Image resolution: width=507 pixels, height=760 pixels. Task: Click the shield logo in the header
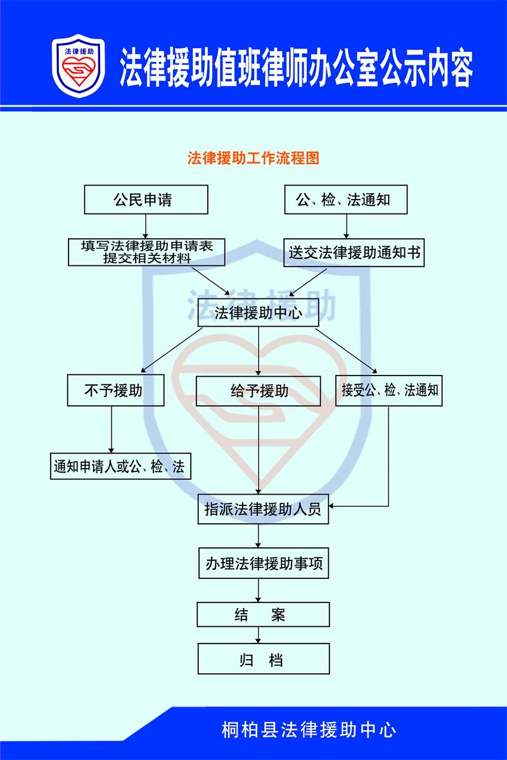(79, 66)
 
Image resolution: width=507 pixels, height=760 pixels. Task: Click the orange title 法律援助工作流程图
(253, 158)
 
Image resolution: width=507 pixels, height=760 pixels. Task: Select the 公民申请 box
(146, 199)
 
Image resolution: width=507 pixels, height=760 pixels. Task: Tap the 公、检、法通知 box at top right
(345, 199)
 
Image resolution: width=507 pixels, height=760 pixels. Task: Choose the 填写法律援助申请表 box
(146, 252)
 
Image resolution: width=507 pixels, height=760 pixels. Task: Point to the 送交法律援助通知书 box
(354, 253)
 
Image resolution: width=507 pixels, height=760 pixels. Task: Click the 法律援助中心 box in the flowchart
(258, 312)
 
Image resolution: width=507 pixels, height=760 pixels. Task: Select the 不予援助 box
(115, 390)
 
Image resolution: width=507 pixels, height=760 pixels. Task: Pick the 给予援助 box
(259, 391)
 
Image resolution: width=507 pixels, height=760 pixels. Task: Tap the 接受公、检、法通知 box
(389, 391)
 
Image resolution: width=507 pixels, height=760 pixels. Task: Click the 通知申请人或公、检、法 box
(120, 466)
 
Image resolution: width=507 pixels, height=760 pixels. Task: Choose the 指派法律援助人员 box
(263, 509)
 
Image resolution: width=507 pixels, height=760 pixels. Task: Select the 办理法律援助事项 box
(264, 563)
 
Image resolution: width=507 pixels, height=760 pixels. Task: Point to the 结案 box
(263, 614)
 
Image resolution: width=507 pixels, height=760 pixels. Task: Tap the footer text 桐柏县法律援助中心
(309, 730)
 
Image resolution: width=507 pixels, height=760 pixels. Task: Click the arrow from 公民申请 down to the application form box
(146, 226)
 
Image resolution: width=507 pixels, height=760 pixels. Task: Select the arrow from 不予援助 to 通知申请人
(112, 429)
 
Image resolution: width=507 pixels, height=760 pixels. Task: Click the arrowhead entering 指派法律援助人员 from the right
(331, 506)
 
